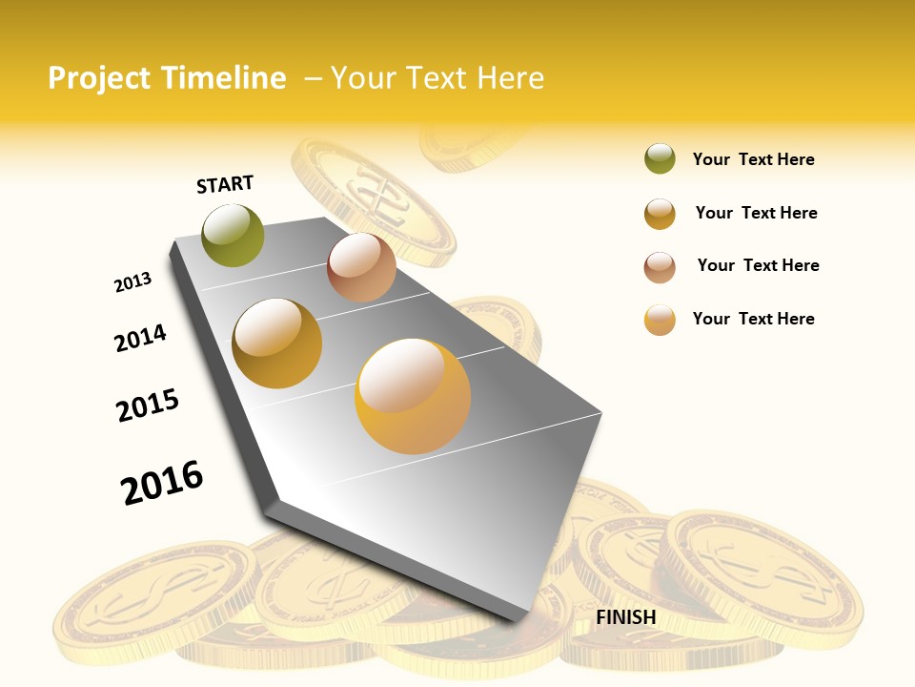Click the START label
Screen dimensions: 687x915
pos(225,184)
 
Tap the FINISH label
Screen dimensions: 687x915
pos(625,617)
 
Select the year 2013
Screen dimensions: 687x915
pos(132,282)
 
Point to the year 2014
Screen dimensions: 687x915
pos(140,338)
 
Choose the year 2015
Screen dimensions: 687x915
pos(148,406)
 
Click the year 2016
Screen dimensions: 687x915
pos(162,482)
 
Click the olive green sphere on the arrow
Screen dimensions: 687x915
pos(233,235)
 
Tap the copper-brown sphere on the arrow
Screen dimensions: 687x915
pos(361,267)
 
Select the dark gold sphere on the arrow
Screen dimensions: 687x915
pos(277,343)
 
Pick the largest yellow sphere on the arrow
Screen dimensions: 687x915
pos(413,396)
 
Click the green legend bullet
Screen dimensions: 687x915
pos(660,159)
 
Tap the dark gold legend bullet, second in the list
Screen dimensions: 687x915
pos(660,214)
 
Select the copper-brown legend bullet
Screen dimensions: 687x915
pos(660,267)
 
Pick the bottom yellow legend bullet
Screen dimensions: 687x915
pos(660,320)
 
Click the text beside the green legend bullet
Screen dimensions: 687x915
pos(753,159)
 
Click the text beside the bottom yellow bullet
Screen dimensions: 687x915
pos(753,319)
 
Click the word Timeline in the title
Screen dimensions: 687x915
pos(223,78)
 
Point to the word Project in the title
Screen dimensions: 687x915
pos(99,78)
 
